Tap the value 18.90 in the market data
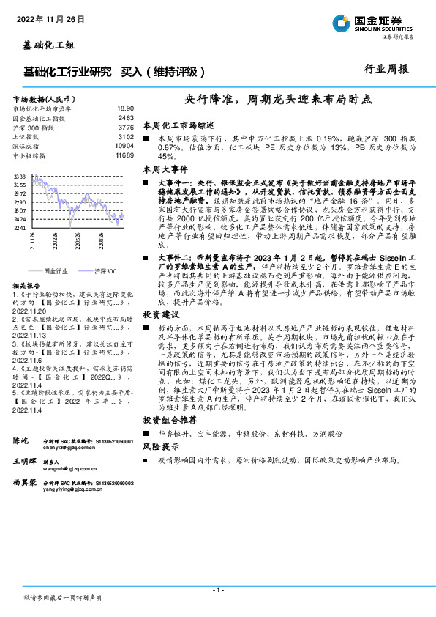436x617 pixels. point(126,107)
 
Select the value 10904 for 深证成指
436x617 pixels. point(124,146)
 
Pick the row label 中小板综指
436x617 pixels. point(29,155)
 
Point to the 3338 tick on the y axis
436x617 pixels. point(20,177)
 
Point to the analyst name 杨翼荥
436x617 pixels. point(25,484)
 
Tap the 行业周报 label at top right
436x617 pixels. point(386,70)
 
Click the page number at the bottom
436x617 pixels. point(218,590)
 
